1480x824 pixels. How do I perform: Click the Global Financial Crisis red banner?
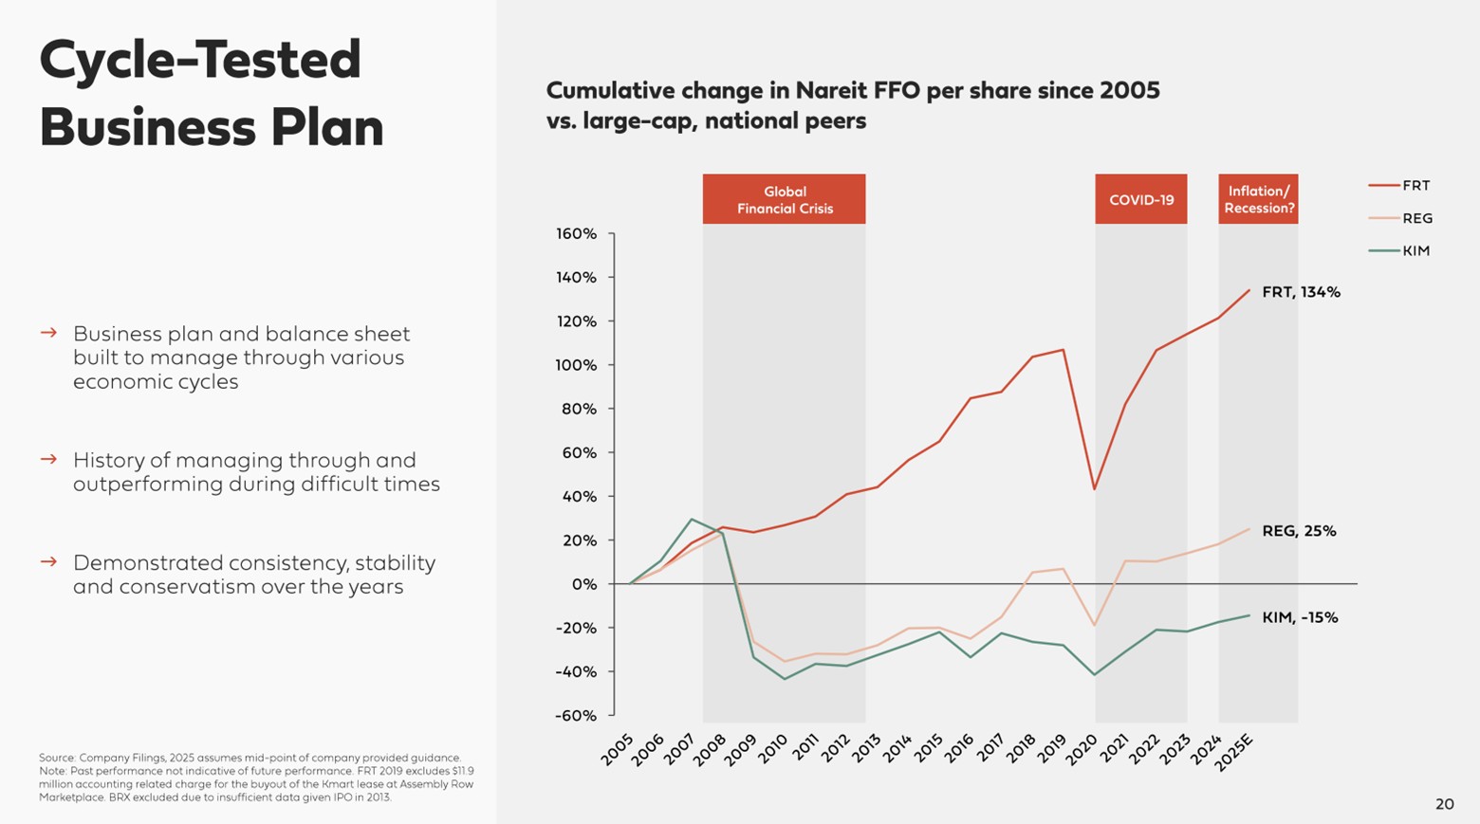pyautogui.click(x=784, y=199)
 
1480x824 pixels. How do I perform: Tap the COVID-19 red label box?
pyautogui.click(x=1140, y=199)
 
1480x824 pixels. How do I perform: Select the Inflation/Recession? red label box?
pyautogui.click(x=1258, y=199)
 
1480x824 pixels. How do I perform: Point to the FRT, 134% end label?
pyautogui.click(x=1301, y=292)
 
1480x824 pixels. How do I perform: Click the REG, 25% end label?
pyautogui.click(x=1299, y=531)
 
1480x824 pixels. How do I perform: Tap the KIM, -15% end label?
pyautogui.click(x=1300, y=617)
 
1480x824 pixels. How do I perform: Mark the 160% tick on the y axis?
pyautogui.click(x=577, y=233)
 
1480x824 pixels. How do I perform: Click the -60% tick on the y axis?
pyautogui.click(x=577, y=716)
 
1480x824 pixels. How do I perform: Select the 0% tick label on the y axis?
pyautogui.click(x=584, y=584)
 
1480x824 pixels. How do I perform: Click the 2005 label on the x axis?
pyautogui.click(x=618, y=748)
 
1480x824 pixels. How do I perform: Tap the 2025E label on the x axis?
pyautogui.click(x=1235, y=752)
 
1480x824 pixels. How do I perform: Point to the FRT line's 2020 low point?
pyautogui.click(x=1095, y=489)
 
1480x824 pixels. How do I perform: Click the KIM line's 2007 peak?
pyautogui.click(x=692, y=519)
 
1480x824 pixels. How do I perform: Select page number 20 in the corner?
pyautogui.click(x=1444, y=804)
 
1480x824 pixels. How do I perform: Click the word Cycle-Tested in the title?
pyautogui.click(x=200, y=59)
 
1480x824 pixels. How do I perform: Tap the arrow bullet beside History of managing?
pyautogui.click(x=48, y=459)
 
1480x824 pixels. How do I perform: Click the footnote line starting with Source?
pyautogui.click(x=250, y=758)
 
